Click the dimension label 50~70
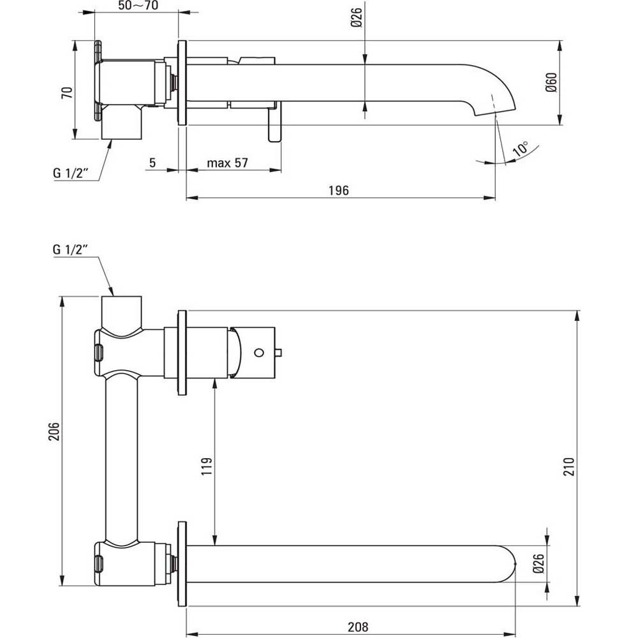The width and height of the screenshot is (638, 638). (x=138, y=6)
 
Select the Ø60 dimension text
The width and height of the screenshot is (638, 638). (x=552, y=84)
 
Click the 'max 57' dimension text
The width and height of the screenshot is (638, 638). (x=227, y=163)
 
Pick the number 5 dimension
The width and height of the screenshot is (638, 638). (x=152, y=163)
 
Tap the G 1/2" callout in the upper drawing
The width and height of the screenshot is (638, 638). (x=71, y=174)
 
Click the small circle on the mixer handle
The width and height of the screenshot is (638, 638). (x=259, y=352)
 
